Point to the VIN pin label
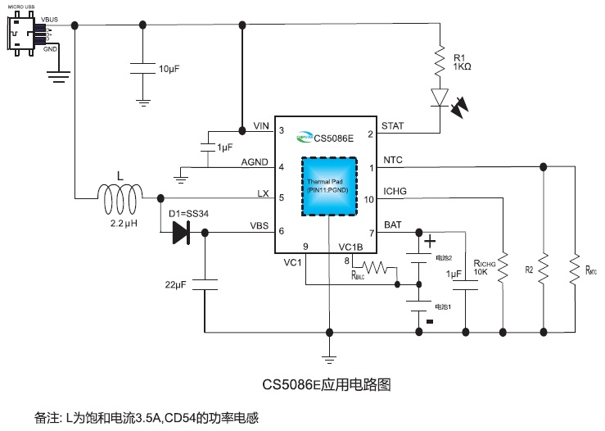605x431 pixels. coord(261,125)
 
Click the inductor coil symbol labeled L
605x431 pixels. coord(120,196)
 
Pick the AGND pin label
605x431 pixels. coord(255,162)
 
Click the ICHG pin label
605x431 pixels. coord(395,191)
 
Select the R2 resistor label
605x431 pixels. coord(529,268)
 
